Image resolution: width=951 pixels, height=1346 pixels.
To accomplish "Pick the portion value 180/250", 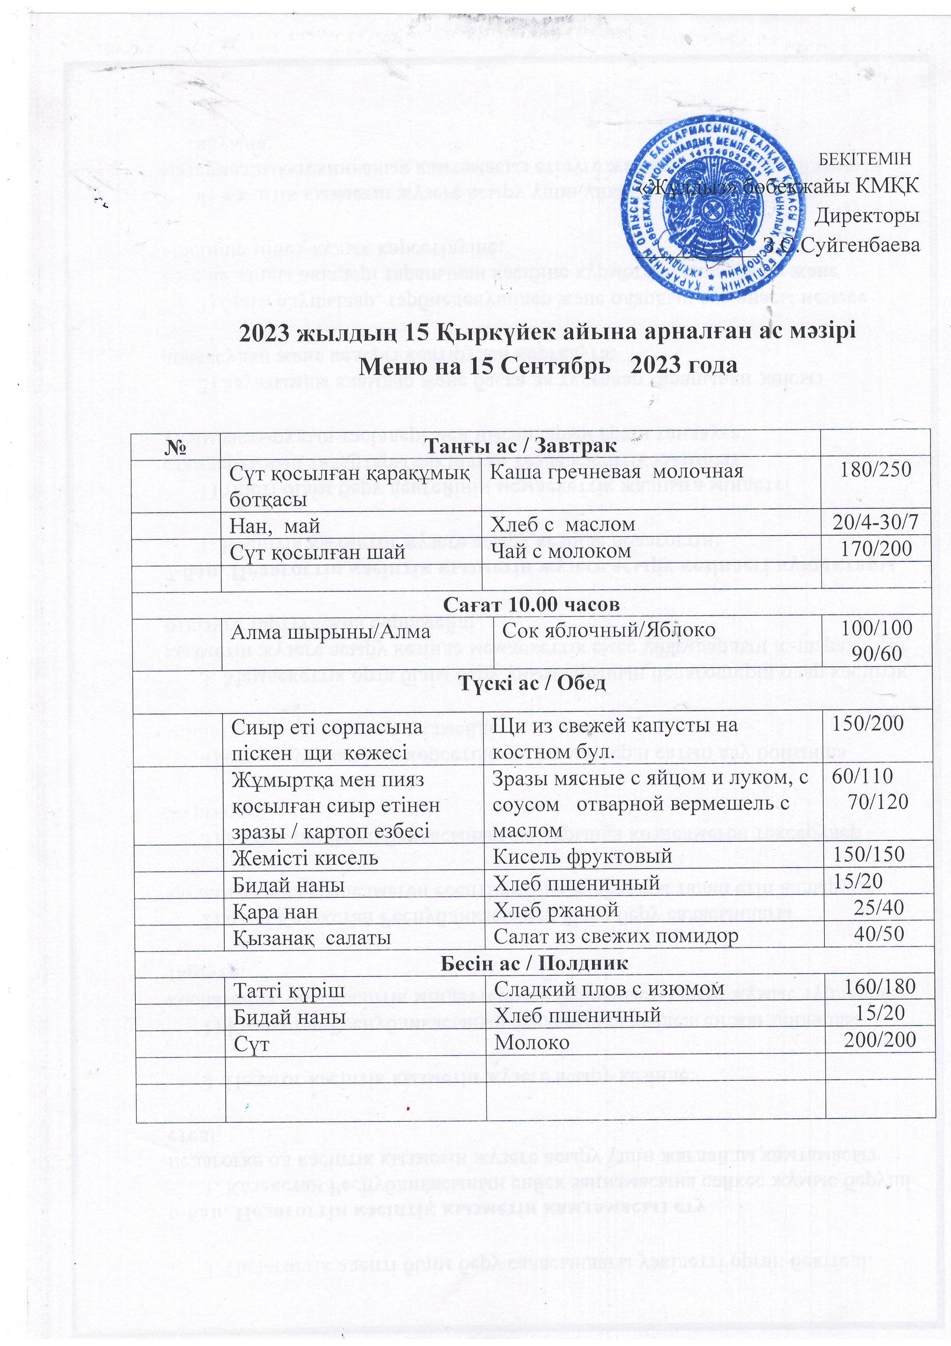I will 876,470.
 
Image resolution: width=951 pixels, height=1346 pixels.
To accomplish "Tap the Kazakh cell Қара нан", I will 275,911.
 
